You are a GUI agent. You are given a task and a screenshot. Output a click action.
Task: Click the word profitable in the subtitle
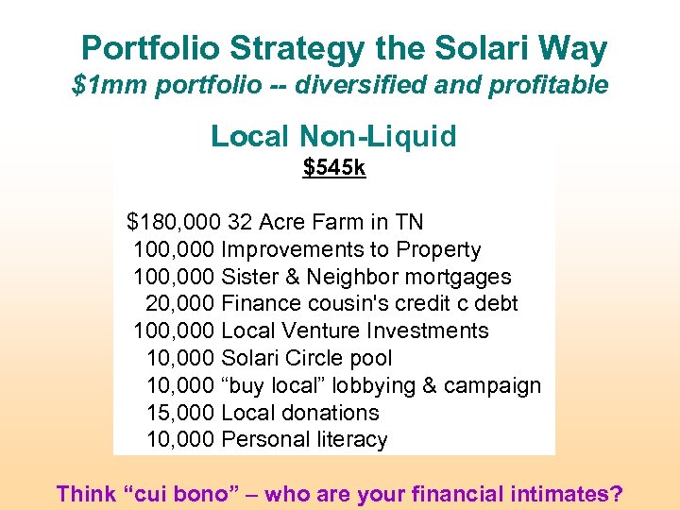(x=549, y=86)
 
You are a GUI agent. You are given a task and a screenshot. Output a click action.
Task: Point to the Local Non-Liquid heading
(x=333, y=136)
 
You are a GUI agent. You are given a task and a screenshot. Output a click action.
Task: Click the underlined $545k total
(x=333, y=168)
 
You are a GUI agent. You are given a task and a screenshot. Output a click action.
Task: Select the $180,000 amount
(x=174, y=223)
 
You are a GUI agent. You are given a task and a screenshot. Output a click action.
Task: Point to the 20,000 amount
(x=179, y=304)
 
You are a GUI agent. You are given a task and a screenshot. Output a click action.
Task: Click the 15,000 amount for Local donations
(x=179, y=413)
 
